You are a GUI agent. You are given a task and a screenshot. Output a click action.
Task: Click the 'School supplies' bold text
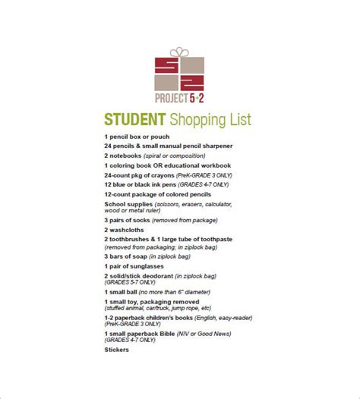point(128,204)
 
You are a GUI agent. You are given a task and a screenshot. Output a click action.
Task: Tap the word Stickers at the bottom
point(117,350)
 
